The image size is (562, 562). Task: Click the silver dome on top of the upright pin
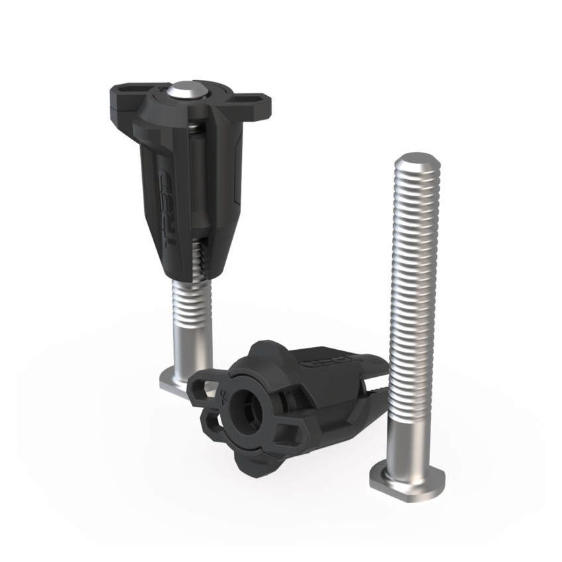pyautogui.click(x=186, y=91)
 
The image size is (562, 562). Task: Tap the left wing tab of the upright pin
pyautogui.click(x=126, y=99)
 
